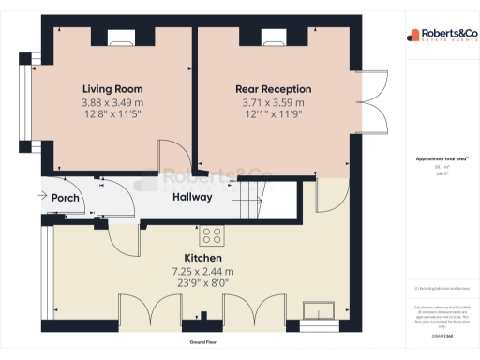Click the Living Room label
pyautogui.click(x=112, y=88)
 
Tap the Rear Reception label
pyautogui.click(x=273, y=88)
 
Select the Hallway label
pyautogui.click(x=192, y=197)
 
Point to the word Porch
pyautogui.click(x=65, y=198)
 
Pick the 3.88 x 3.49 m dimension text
pyautogui.click(x=112, y=101)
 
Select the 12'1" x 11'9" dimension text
pyautogui.click(x=273, y=113)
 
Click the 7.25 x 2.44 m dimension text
pyautogui.click(x=202, y=271)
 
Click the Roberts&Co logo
pyautogui.click(x=439, y=36)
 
